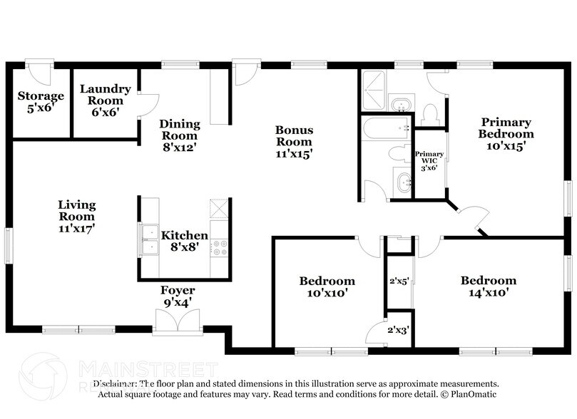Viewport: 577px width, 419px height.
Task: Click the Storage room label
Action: coord(41,101)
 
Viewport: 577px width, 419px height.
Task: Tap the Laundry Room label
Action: coord(105,100)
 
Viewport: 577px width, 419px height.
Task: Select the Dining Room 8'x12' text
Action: coord(179,135)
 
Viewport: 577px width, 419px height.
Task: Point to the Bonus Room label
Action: coord(294,141)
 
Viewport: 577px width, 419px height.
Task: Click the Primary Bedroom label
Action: coord(506,133)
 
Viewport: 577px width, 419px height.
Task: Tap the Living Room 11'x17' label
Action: coord(76,217)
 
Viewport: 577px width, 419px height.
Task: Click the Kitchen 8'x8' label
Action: coord(184,241)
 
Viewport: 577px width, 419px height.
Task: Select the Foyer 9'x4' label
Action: coord(178,296)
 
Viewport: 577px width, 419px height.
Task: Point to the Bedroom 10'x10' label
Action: coord(327,286)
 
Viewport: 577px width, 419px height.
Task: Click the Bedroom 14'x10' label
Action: coord(488,286)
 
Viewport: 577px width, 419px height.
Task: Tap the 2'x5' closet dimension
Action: coord(397,281)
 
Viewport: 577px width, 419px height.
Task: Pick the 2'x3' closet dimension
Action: coord(397,331)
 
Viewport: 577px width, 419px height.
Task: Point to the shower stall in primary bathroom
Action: coord(373,90)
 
